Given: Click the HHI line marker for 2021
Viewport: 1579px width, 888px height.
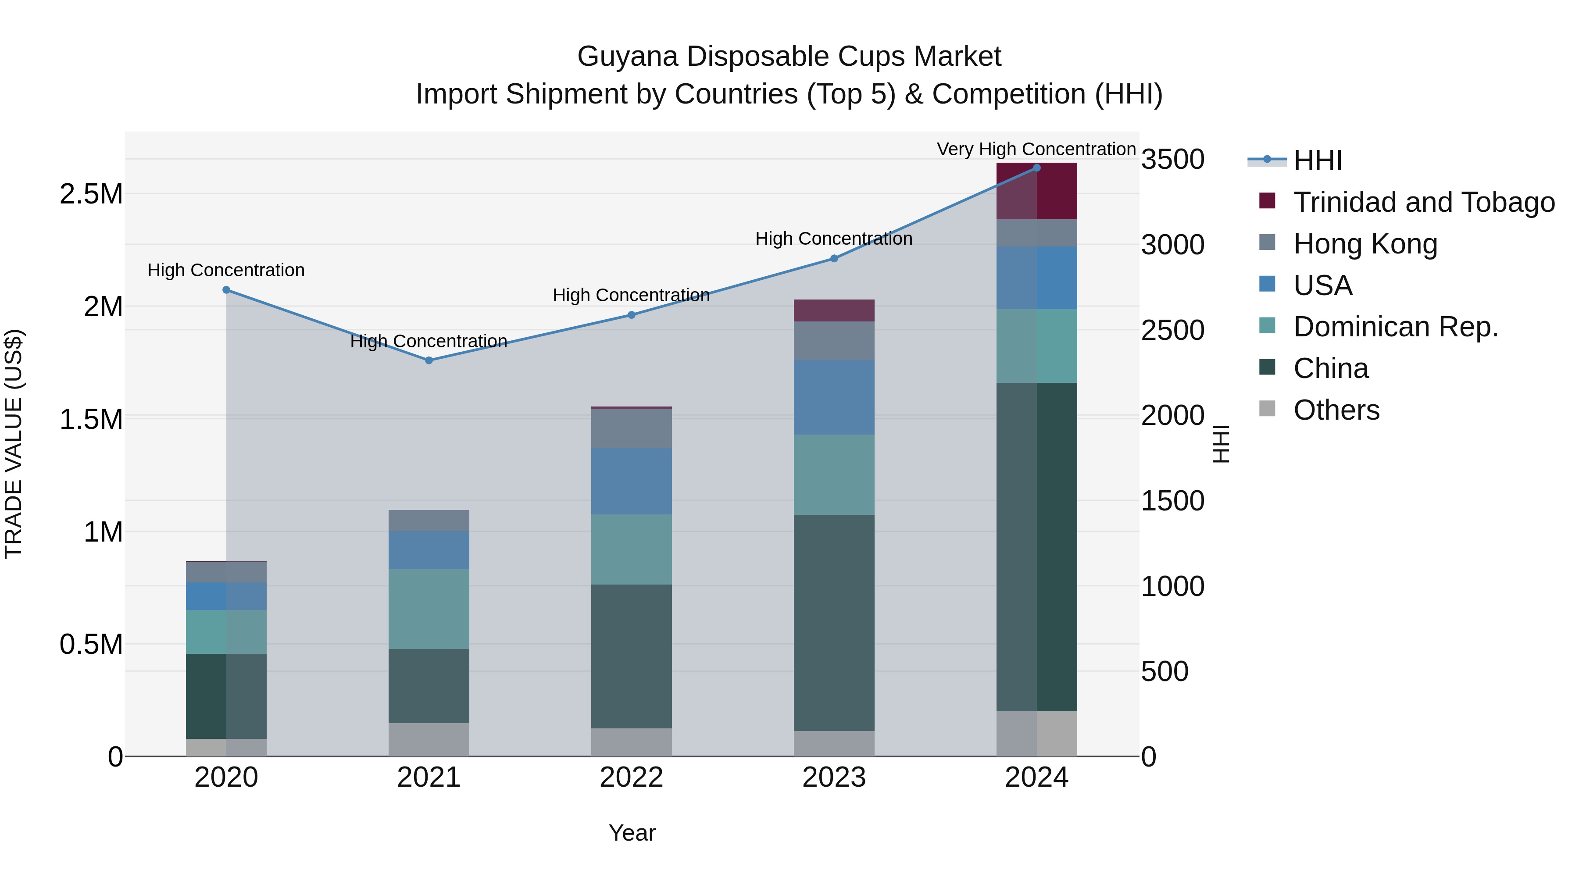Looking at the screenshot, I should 429,360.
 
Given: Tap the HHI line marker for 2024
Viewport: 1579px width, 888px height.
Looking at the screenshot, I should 1036,168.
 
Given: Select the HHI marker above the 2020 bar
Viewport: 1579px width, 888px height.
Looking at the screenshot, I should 226,290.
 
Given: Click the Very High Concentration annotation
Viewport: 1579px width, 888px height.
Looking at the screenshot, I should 1036,149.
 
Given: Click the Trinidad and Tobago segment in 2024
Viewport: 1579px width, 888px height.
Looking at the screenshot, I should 1036,191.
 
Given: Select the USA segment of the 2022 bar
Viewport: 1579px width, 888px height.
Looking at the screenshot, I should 631,481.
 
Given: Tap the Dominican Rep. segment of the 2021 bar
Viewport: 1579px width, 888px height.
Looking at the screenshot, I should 429,609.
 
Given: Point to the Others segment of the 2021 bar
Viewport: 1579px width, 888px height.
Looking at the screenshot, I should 429,740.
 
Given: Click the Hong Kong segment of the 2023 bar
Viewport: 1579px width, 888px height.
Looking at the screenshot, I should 834,341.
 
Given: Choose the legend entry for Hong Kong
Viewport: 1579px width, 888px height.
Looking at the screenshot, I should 1365,244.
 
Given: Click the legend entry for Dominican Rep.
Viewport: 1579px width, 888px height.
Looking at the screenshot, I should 1395,327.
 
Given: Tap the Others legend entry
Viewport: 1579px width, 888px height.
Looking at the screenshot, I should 1336,410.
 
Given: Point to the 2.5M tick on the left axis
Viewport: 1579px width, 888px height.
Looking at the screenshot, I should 91,194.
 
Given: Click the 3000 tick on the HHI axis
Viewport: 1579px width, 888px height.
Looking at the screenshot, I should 1172,245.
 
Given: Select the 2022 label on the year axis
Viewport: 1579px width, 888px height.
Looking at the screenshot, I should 631,777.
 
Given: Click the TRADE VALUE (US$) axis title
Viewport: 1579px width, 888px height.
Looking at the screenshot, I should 14,444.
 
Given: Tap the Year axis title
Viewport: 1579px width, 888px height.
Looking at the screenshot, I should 632,833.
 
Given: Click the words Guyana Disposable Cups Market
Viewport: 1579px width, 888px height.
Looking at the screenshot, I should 789,57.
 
